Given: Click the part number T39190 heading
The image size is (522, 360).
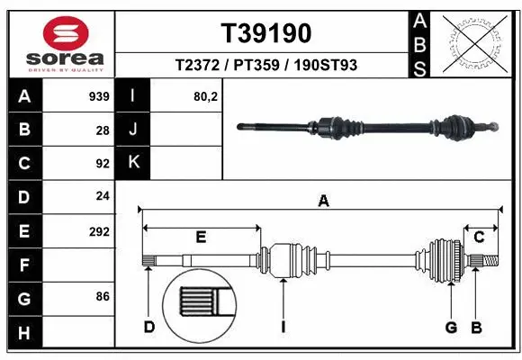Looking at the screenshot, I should pos(265,33).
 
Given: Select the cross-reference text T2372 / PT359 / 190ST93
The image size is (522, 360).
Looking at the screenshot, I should pos(265,65).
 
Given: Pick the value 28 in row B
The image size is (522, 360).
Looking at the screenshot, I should pos(102,130).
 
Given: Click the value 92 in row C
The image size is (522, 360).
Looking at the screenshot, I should pos(102,164).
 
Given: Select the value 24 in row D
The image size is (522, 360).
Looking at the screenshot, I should pos(102,197).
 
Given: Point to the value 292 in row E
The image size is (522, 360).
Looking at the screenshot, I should pos(98,231).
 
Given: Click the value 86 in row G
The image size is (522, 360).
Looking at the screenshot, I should pos(102,295).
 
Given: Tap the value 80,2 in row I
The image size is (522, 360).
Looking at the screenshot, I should pos(206,96).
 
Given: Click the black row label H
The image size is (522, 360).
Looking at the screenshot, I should pos(24,333).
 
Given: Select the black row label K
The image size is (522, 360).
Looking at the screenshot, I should pos(133,163).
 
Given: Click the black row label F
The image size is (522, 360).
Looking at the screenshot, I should pos(24,265).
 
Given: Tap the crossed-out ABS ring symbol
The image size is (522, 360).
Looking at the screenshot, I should pos(475,44).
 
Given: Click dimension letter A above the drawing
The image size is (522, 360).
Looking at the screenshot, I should pos(323,202).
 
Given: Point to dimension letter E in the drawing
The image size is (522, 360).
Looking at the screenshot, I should pos(201,237).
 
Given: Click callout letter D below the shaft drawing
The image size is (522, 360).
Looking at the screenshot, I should pos(149,326).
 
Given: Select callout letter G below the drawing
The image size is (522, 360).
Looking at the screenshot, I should pos(451,326).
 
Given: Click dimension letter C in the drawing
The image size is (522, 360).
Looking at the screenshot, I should pos(479,237).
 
